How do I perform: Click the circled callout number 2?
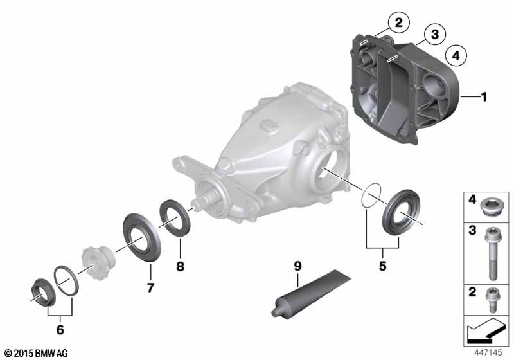(x=398, y=22)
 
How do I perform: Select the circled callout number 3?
(x=435, y=34)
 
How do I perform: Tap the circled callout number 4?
(x=456, y=55)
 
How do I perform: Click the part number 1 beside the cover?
(x=484, y=97)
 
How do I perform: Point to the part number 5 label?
(x=382, y=266)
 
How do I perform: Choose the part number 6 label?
(x=60, y=330)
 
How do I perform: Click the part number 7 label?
(x=150, y=287)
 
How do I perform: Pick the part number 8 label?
(x=181, y=266)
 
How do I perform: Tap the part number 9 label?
(x=297, y=266)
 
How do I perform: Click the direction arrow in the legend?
(x=485, y=330)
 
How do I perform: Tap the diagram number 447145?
(x=488, y=352)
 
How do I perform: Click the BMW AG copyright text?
(x=37, y=353)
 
